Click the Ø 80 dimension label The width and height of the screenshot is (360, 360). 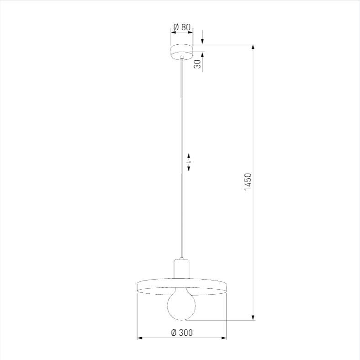click(182, 27)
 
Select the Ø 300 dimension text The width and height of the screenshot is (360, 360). click(182, 333)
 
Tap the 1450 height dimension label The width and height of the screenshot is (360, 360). click(248, 182)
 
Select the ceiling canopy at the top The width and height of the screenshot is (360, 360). click(182, 52)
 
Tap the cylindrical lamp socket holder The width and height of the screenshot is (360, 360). click(181, 269)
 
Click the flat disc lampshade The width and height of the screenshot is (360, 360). click(182, 287)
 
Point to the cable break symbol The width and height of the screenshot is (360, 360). click(189, 162)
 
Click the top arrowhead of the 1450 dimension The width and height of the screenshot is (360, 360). click(253, 47)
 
